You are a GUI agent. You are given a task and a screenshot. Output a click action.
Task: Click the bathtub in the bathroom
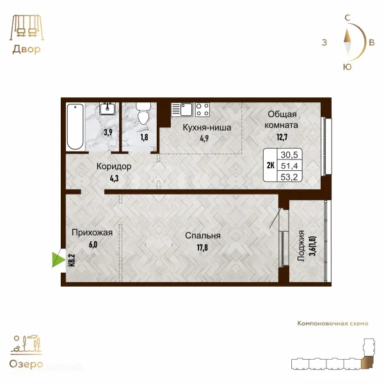(75, 127)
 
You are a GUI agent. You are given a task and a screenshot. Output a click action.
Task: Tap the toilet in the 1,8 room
(143, 113)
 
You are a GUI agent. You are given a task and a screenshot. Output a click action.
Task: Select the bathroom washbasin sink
(108, 109)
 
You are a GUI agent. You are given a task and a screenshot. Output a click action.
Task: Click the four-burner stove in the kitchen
(202, 109)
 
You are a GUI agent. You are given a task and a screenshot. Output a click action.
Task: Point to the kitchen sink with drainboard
(182, 109)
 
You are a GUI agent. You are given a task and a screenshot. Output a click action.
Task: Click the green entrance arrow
(58, 260)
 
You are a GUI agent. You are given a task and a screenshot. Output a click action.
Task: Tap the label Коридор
(114, 166)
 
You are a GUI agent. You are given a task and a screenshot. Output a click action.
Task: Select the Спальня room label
(202, 236)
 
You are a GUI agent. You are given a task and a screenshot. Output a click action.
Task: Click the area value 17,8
(202, 248)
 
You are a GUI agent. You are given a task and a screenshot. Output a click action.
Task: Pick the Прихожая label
(92, 233)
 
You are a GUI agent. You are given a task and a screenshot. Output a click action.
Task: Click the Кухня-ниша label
(207, 127)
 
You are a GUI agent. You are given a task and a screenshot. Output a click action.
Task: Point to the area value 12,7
(282, 137)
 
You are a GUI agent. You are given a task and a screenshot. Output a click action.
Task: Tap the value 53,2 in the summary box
(289, 177)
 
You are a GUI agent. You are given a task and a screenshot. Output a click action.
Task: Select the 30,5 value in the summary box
(289, 155)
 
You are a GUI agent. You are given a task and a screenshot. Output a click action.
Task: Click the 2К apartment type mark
(270, 166)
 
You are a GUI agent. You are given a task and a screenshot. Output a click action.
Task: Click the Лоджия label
(301, 246)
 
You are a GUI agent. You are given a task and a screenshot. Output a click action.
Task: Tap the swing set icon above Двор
(27, 27)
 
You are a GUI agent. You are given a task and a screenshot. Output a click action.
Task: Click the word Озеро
(26, 364)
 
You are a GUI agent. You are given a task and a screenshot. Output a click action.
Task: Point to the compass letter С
(347, 18)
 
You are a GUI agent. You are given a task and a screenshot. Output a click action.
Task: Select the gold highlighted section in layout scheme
(367, 362)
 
